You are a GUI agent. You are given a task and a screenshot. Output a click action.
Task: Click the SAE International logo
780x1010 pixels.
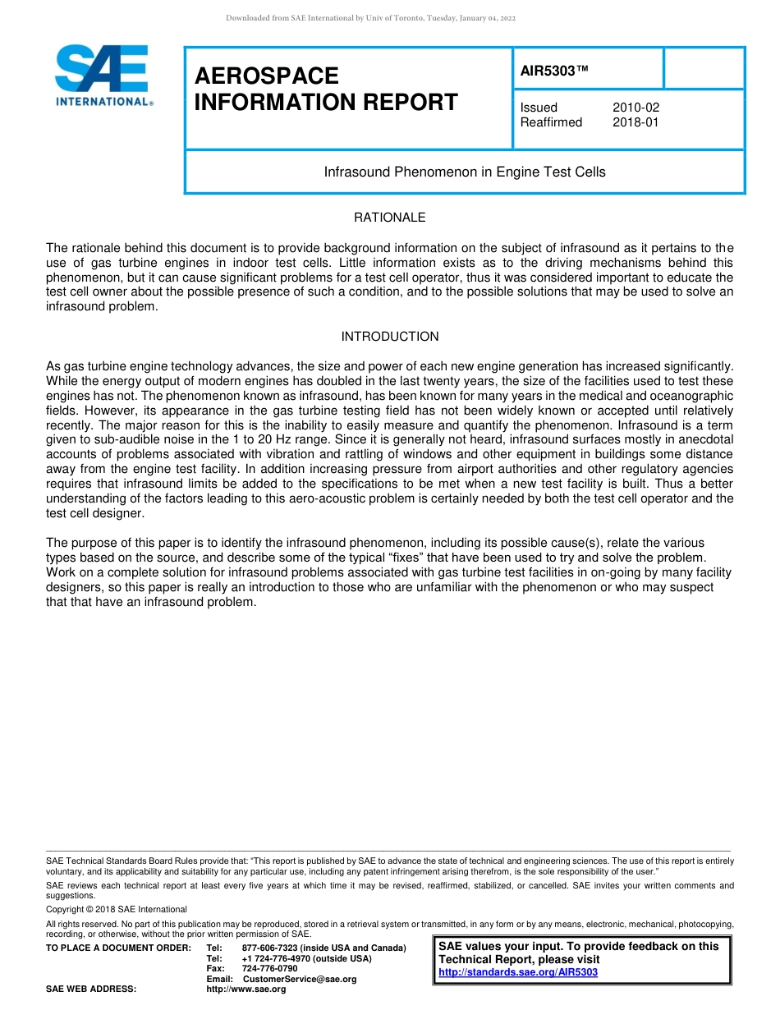103,76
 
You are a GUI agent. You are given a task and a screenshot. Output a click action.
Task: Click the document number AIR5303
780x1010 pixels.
554,71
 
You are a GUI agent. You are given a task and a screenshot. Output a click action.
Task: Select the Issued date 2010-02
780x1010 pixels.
635,108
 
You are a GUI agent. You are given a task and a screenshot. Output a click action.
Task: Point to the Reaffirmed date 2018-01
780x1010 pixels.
635,122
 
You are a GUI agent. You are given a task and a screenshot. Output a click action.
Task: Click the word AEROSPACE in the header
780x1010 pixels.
266,76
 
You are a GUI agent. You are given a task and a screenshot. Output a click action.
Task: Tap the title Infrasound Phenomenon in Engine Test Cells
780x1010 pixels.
465,172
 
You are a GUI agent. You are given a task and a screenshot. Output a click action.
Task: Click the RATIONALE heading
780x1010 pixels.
389,218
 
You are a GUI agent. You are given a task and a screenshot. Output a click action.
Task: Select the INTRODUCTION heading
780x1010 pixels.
389,337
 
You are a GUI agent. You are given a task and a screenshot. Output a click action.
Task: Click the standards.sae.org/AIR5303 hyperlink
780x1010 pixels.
518,972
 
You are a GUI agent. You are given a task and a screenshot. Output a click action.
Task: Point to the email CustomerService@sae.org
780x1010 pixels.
300,979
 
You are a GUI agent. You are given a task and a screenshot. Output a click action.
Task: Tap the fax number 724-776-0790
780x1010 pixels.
269,969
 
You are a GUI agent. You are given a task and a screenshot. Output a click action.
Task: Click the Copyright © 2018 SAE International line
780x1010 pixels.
117,909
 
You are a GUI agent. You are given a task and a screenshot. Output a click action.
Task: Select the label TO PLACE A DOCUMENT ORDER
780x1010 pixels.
118,948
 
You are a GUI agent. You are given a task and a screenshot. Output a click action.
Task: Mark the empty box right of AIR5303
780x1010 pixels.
704,68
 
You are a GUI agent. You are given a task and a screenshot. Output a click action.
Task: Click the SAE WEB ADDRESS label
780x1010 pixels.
90,989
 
